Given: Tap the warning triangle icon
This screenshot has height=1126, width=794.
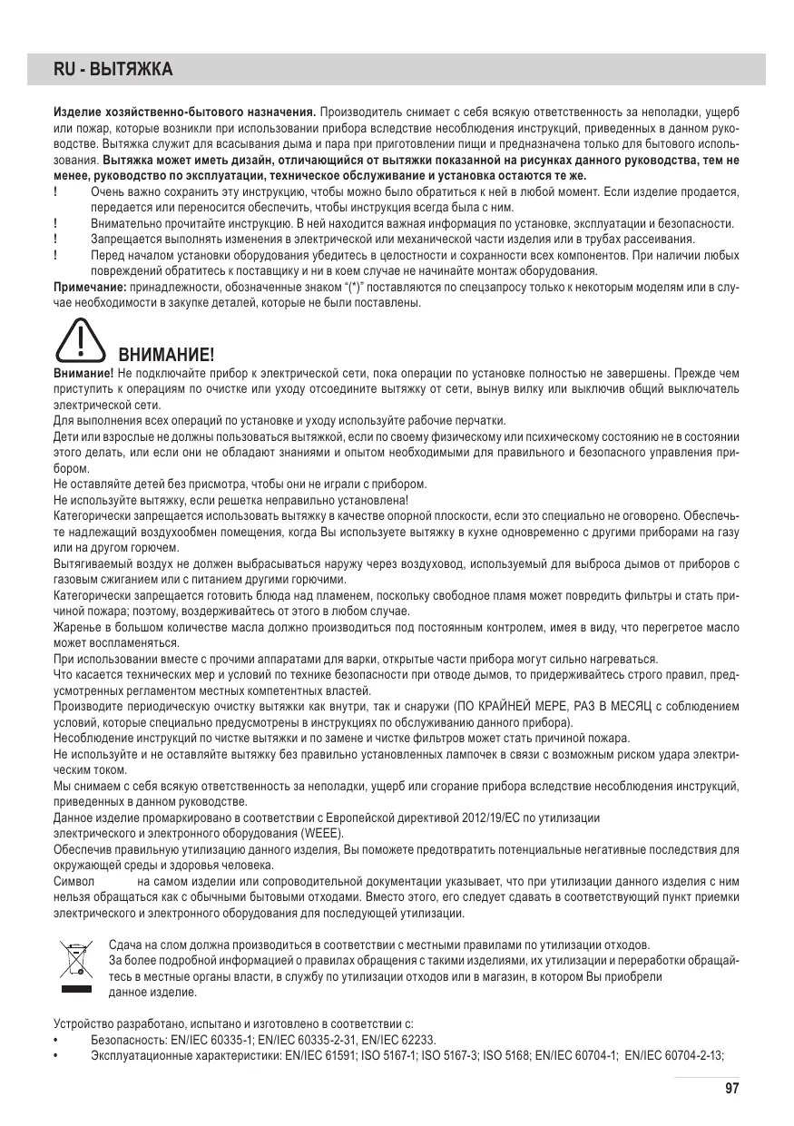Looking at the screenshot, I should click(x=81, y=342).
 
